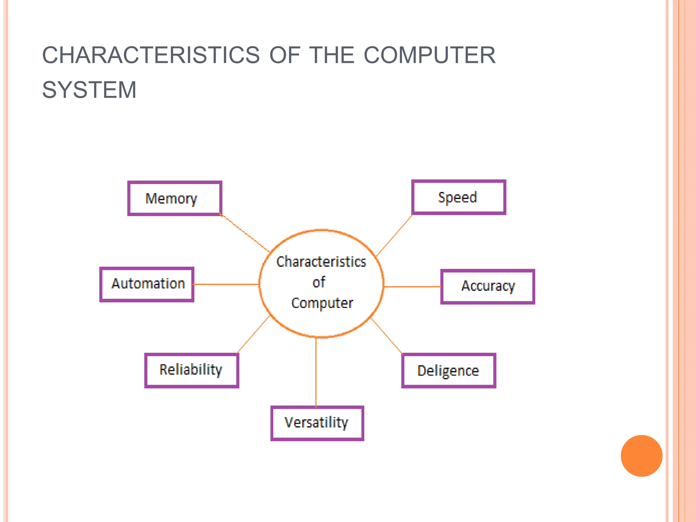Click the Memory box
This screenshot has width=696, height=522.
coord(175,198)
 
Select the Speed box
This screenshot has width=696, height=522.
coord(458,197)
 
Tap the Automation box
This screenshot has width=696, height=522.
coord(147,284)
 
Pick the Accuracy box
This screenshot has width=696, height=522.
coord(487,287)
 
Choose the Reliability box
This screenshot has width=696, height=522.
coord(192,370)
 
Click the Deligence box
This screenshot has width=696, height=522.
coord(449,371)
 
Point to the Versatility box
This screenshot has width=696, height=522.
coord(317,423)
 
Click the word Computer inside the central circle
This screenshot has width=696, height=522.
coord(322,303)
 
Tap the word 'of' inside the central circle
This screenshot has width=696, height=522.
coord(319,282)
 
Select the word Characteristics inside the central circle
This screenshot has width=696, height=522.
coord(321,262)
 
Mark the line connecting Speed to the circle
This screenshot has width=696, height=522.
coord(395,235)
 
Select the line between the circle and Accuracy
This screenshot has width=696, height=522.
coord(412,287)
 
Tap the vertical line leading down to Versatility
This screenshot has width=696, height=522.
coord(316,372)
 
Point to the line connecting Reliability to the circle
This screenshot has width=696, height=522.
coord(254,335)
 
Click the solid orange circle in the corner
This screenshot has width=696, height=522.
coord(641,456)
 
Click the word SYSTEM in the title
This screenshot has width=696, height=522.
coord(89,90)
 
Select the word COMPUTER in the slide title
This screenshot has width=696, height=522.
coord(430,55)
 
